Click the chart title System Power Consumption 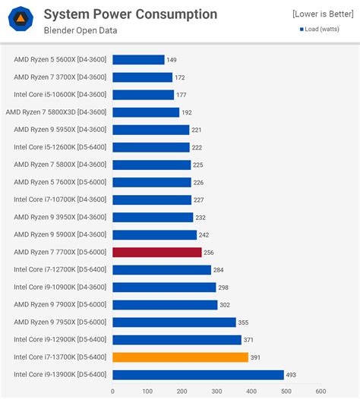(x=130, y=14)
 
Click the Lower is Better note (x=322, y=14)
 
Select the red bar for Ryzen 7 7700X (x=157, y=253)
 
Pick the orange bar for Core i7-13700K (x=181, y=357)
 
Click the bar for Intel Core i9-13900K (x=198, y=375)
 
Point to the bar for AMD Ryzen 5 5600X (x=138, y=60)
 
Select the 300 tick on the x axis (x=216, y=391)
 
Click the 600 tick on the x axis (x=321, y=391)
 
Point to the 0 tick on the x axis (x=112, y=391)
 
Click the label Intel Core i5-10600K (x=60, y=95)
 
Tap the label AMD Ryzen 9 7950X (x=60, y=322)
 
